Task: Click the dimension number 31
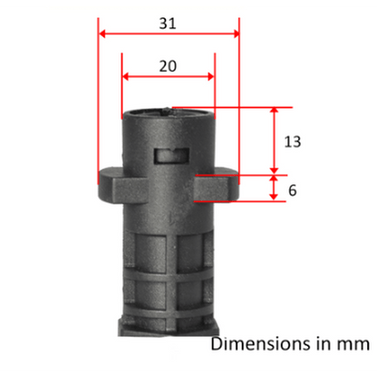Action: coord(168,24)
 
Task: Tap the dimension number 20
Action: coord(168,66)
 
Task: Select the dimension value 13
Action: coord(293,141)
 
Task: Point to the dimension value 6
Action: coord(293,190)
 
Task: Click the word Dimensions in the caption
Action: coord(261,344)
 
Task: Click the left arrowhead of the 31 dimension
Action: coord(102,34)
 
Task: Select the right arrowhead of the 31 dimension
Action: coord(236,34)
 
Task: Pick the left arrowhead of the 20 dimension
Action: coord(125,76)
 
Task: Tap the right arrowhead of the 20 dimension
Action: coord(211,76)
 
